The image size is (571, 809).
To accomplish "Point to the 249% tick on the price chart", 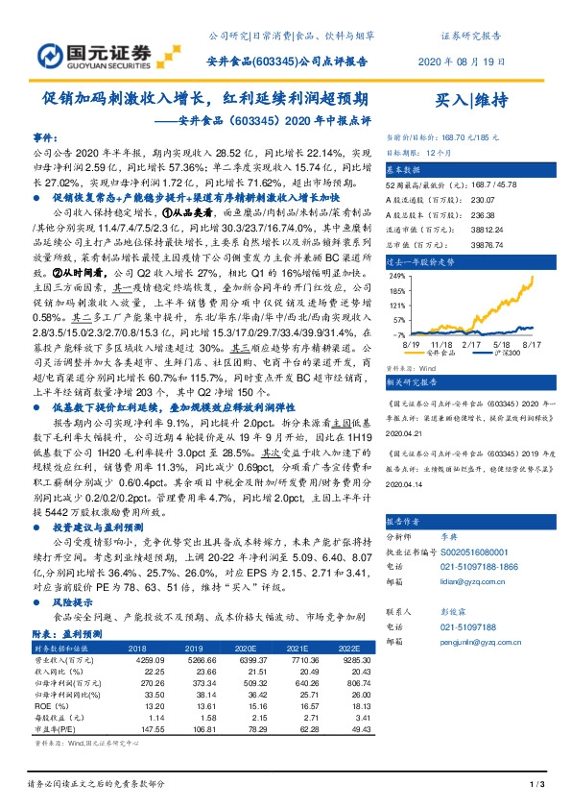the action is pyautogui.click(x=395, y=274).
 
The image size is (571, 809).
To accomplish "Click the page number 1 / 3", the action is pyautogui.click(x=537, y=786).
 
